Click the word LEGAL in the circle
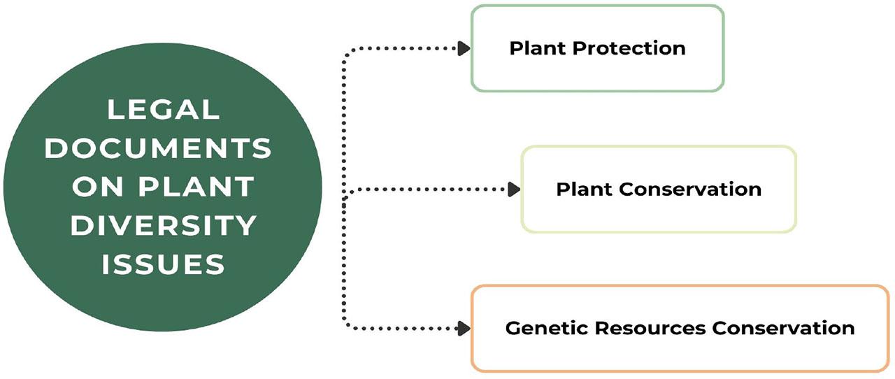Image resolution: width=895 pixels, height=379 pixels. pyautogui.click(x=163, y=109)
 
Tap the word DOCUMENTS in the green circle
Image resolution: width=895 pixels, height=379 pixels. pyautogui.click(x=163, y=148)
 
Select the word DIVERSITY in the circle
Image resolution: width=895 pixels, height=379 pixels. pyautogui.click(x=163, y=225)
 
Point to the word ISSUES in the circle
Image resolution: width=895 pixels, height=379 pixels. pyautogui.click(x=163, y=264)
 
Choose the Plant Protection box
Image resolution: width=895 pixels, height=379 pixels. pyautogui.click(x=597, y=48)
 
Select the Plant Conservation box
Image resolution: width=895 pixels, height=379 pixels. pyautogui.click(x=658, y=189)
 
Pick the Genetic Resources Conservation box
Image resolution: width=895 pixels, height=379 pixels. pyautogui.click(x=680, y=327)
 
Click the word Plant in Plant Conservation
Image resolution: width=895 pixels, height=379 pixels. pyautogui.click(x=585, y=189)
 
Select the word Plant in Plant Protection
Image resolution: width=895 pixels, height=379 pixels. pyautogui.click(x=538, y=48)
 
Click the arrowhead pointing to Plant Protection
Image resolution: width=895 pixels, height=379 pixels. pyautogui.click(x=463, y=48)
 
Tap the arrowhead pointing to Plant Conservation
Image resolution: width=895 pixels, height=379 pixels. pyautogui.click(x=514, y=189)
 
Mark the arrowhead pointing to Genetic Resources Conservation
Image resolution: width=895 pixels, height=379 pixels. pyautogui.click(x=463, y=327)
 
